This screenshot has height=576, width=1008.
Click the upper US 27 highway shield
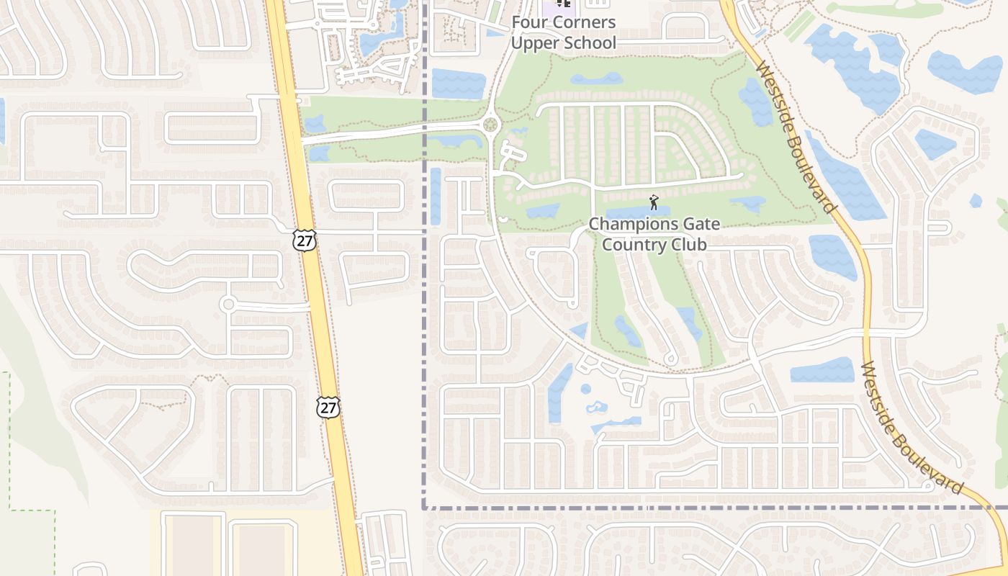[x=305, y=240]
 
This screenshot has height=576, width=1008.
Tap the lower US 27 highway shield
[x=328, y=407]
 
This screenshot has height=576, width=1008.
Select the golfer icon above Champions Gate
[x=654, y=202]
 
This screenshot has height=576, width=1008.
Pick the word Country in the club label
[x=632, y=245]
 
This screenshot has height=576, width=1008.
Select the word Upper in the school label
[x=534, y=42]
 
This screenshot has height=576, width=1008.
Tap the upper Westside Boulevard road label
[x=796, y=137]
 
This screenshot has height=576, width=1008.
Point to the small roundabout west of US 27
[x=228, y=304]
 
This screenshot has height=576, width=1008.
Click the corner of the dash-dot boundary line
[x=424, y=508]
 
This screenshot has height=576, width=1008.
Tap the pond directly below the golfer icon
[x=637, y=213]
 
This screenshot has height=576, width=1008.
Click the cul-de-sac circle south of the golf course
[x=670, y=358]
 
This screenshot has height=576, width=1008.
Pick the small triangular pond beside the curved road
[x=580, y=331]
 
